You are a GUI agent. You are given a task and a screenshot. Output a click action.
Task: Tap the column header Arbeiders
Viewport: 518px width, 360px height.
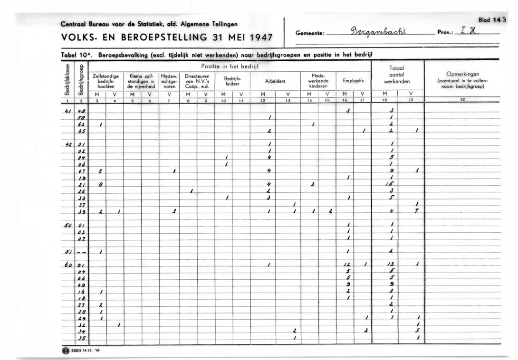click(275, 81)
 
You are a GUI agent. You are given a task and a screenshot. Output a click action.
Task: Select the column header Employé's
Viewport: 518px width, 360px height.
click(353, 81)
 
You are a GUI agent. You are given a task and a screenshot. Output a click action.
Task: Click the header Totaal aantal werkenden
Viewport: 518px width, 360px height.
click(396, 75)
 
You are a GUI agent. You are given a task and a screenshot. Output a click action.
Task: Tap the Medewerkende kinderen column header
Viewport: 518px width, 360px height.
click(318, 81)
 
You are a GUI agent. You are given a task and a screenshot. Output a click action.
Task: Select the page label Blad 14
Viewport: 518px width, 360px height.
click(490, 20)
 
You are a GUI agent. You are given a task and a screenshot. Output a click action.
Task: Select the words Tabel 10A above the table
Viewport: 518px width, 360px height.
click(77, 55)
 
